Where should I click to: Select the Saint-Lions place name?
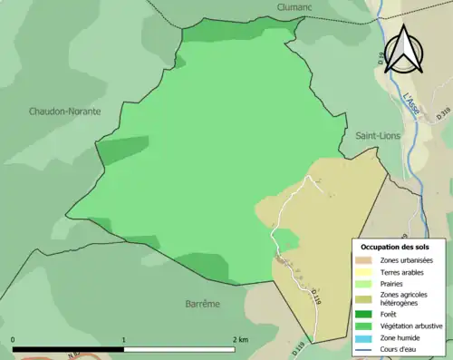click(x=379, y=135)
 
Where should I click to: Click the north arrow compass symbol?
click(x=403, y=50)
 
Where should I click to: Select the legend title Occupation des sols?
click(x=398, y=246)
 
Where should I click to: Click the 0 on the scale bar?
click(x=13, y=339)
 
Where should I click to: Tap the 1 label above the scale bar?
click(x=124, y=339)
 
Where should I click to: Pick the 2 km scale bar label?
click(x=240, y=339)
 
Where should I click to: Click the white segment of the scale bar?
click(x=179, y=349)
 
